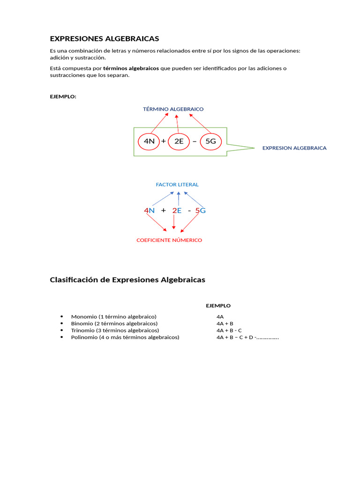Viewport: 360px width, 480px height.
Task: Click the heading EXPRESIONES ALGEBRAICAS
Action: coord(105,38)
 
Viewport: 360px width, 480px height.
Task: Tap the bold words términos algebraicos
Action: coord(131,68)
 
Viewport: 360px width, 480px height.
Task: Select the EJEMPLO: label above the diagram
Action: coord(63,97)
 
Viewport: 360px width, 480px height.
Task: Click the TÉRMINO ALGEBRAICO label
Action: coord(173,109)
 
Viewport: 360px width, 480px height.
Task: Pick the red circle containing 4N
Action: coord(149,141)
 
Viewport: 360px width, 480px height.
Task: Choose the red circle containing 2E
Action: coord(179,141)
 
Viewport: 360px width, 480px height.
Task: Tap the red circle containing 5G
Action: coord(210,141)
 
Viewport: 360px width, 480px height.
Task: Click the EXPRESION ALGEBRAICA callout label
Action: coord(294,148)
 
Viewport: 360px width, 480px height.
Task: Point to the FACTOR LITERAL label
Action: coord(177,185)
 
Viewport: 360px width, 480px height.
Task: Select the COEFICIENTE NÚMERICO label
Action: coord(169,240)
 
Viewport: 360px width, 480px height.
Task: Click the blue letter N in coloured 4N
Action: coord(152,211)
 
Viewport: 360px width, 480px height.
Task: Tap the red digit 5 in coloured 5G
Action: coord(197,211)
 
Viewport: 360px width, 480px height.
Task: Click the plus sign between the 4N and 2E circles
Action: coord(164,141)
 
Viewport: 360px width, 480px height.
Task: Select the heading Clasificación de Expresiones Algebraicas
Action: coord(127,280)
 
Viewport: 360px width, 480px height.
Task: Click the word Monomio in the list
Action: coord(84,316)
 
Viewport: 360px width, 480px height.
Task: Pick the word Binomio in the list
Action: coord(82,323)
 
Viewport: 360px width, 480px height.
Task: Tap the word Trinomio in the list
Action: coord(83,330)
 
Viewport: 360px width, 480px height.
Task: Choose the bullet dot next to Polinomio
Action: coord(61,337)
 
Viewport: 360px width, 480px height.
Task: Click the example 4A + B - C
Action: coord(229,330)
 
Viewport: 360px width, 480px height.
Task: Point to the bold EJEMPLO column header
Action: coord(218,306)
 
